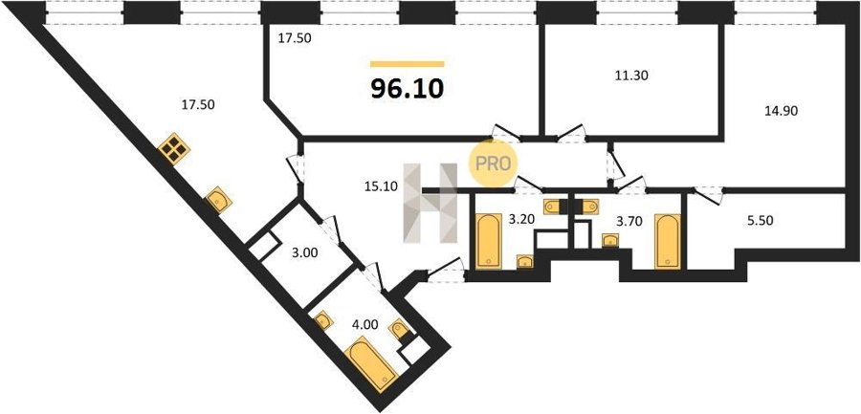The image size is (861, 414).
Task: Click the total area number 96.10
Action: [x=407, y=88]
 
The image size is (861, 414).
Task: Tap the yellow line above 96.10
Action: [x=407, y=64]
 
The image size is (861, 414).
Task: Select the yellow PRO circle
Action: [x=492, y=163]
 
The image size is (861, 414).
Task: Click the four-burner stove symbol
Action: [x=173, y=148]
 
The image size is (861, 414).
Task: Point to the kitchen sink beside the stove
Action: [x=218, y=201]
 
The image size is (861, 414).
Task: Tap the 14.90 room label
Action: [x=781, y=110]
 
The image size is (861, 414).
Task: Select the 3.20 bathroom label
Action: [x=520, y=220]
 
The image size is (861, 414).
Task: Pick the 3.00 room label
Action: [x=302, y=253]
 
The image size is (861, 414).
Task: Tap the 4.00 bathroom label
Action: [x=365, y=324]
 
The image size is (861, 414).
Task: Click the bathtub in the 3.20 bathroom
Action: [x=489, y=241]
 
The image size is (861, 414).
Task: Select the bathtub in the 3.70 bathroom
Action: [x=668, y=242]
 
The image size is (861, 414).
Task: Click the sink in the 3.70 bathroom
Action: [x=610, y=240]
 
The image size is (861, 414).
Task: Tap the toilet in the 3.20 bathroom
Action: [x=552, y=207]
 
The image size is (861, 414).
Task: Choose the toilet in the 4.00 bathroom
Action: [x=399, y=330]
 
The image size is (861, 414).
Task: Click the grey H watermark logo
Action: [x=430, y=203]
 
